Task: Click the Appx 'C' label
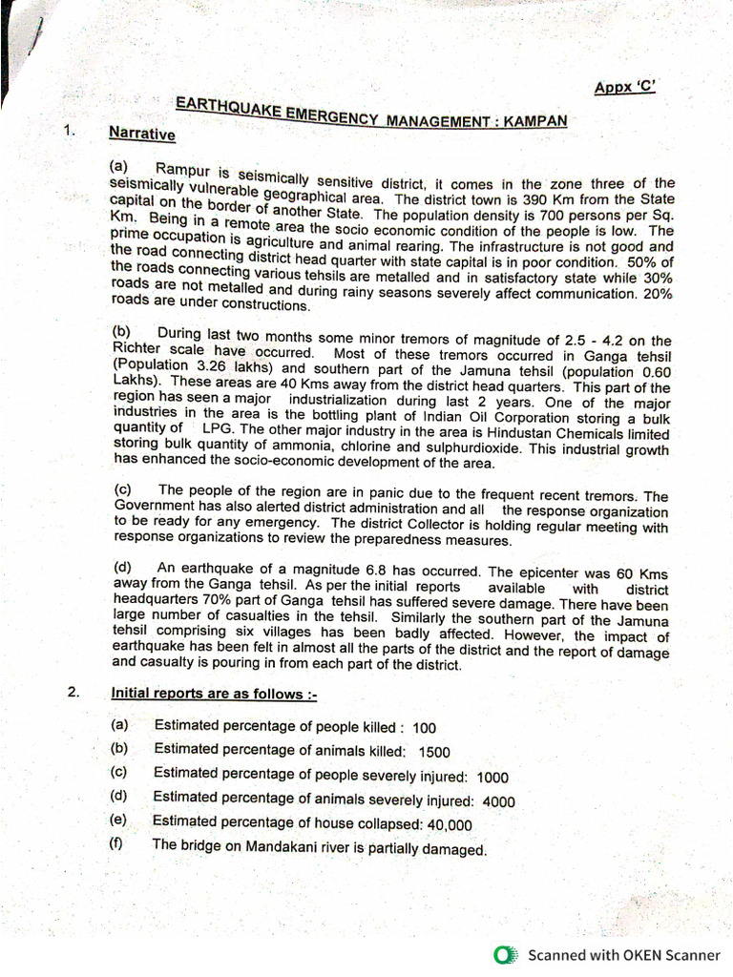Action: pos(624,88)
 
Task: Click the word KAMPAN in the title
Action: pos(534,121)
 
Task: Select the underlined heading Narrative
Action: pos(142,135)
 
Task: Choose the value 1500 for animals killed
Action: pos(434,752)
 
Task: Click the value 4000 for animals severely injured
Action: pos(499,801)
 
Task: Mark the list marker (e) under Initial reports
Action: pos(118,820)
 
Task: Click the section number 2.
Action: pos(73,693)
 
